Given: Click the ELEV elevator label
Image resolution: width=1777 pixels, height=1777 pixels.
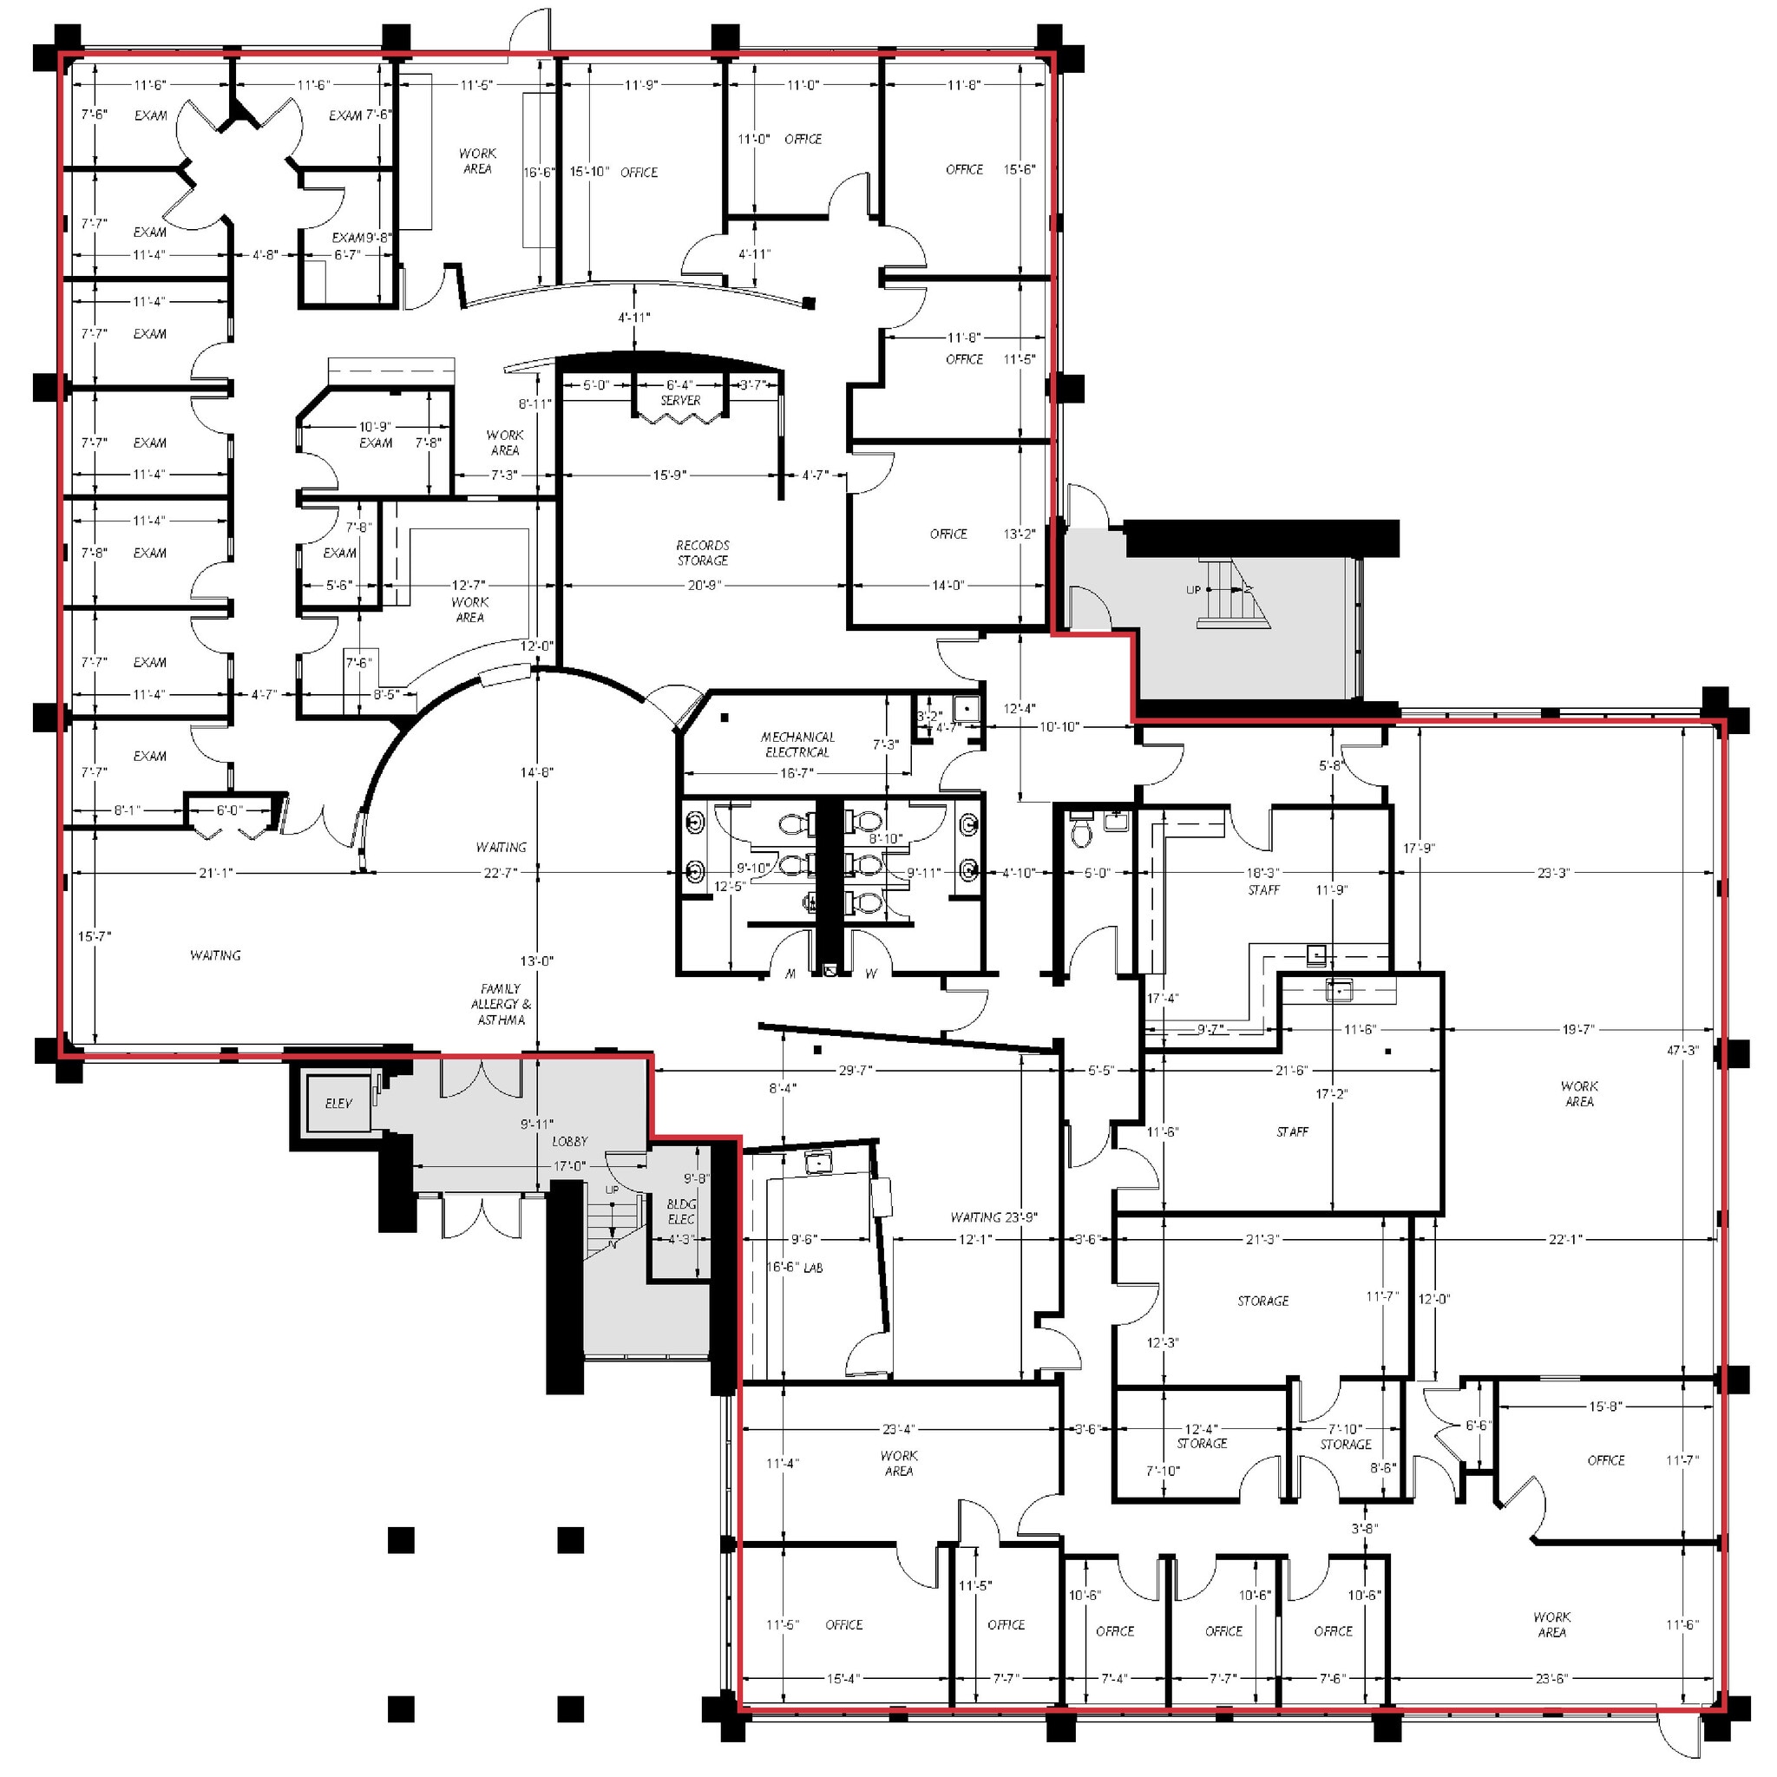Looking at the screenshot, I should coord(338,1104).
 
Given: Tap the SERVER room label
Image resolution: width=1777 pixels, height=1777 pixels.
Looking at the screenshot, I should coord(680,400).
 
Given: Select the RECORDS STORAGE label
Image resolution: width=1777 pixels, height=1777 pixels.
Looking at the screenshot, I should coord(703,553).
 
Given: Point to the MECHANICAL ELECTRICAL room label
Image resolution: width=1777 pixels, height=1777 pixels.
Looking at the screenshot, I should coord(797,744).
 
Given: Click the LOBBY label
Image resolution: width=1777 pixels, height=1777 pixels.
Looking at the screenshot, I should coord(569,1142).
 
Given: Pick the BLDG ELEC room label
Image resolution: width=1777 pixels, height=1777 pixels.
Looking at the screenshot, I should coord(681,1211).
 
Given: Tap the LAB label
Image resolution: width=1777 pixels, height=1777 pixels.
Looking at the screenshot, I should coord(813,1268).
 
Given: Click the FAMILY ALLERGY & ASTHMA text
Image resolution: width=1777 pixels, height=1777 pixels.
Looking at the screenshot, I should coord(501,1005).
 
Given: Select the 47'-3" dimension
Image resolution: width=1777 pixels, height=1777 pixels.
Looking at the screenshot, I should coord(1682,1051).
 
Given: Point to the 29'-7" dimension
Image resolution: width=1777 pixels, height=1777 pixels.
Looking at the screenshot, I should coord(856,1071).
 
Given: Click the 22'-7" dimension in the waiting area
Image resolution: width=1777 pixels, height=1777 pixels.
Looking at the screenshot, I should coord(500,872).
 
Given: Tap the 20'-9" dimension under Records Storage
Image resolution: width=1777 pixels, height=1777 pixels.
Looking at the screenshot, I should coord(704,585).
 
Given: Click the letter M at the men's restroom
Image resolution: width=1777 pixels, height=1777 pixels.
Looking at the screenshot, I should coord(790,974).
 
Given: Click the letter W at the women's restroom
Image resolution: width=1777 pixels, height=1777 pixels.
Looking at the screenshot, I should coord(870,974).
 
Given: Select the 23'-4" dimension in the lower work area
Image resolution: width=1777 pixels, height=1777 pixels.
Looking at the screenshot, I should coord(899,1429).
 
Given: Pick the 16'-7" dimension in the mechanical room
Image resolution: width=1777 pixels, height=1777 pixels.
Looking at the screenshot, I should coord(797,773).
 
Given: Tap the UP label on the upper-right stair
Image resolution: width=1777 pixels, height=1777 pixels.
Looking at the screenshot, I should coord(1193,589).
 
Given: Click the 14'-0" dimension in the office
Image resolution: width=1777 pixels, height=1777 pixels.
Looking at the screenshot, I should coord(948,585).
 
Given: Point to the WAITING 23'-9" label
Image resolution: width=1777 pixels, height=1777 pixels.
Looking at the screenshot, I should coord(993,1216).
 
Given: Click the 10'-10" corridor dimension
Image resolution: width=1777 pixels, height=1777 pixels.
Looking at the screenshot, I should coord(1059,726).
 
